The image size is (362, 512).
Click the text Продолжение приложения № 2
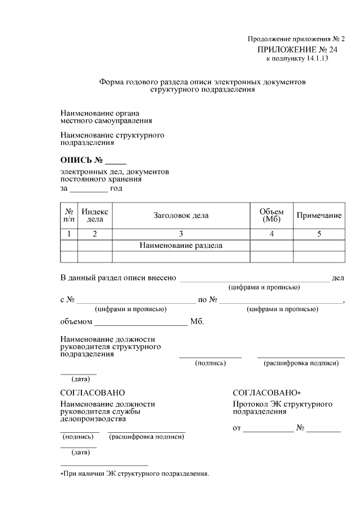296,39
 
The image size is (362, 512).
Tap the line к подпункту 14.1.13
297,58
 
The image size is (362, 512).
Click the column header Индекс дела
94,215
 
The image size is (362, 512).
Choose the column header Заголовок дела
181,215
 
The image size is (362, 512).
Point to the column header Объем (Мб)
271,215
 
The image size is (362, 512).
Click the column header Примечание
319,216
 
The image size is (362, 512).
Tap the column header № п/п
68,215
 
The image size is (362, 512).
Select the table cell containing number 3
181,234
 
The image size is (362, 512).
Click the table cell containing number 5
319,234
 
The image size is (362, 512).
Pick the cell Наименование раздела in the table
181,246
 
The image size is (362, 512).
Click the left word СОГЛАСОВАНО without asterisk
92,393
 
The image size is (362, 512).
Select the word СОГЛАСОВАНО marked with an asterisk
266,393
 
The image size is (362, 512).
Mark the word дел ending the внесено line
338,278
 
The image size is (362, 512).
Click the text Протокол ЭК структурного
282,405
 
